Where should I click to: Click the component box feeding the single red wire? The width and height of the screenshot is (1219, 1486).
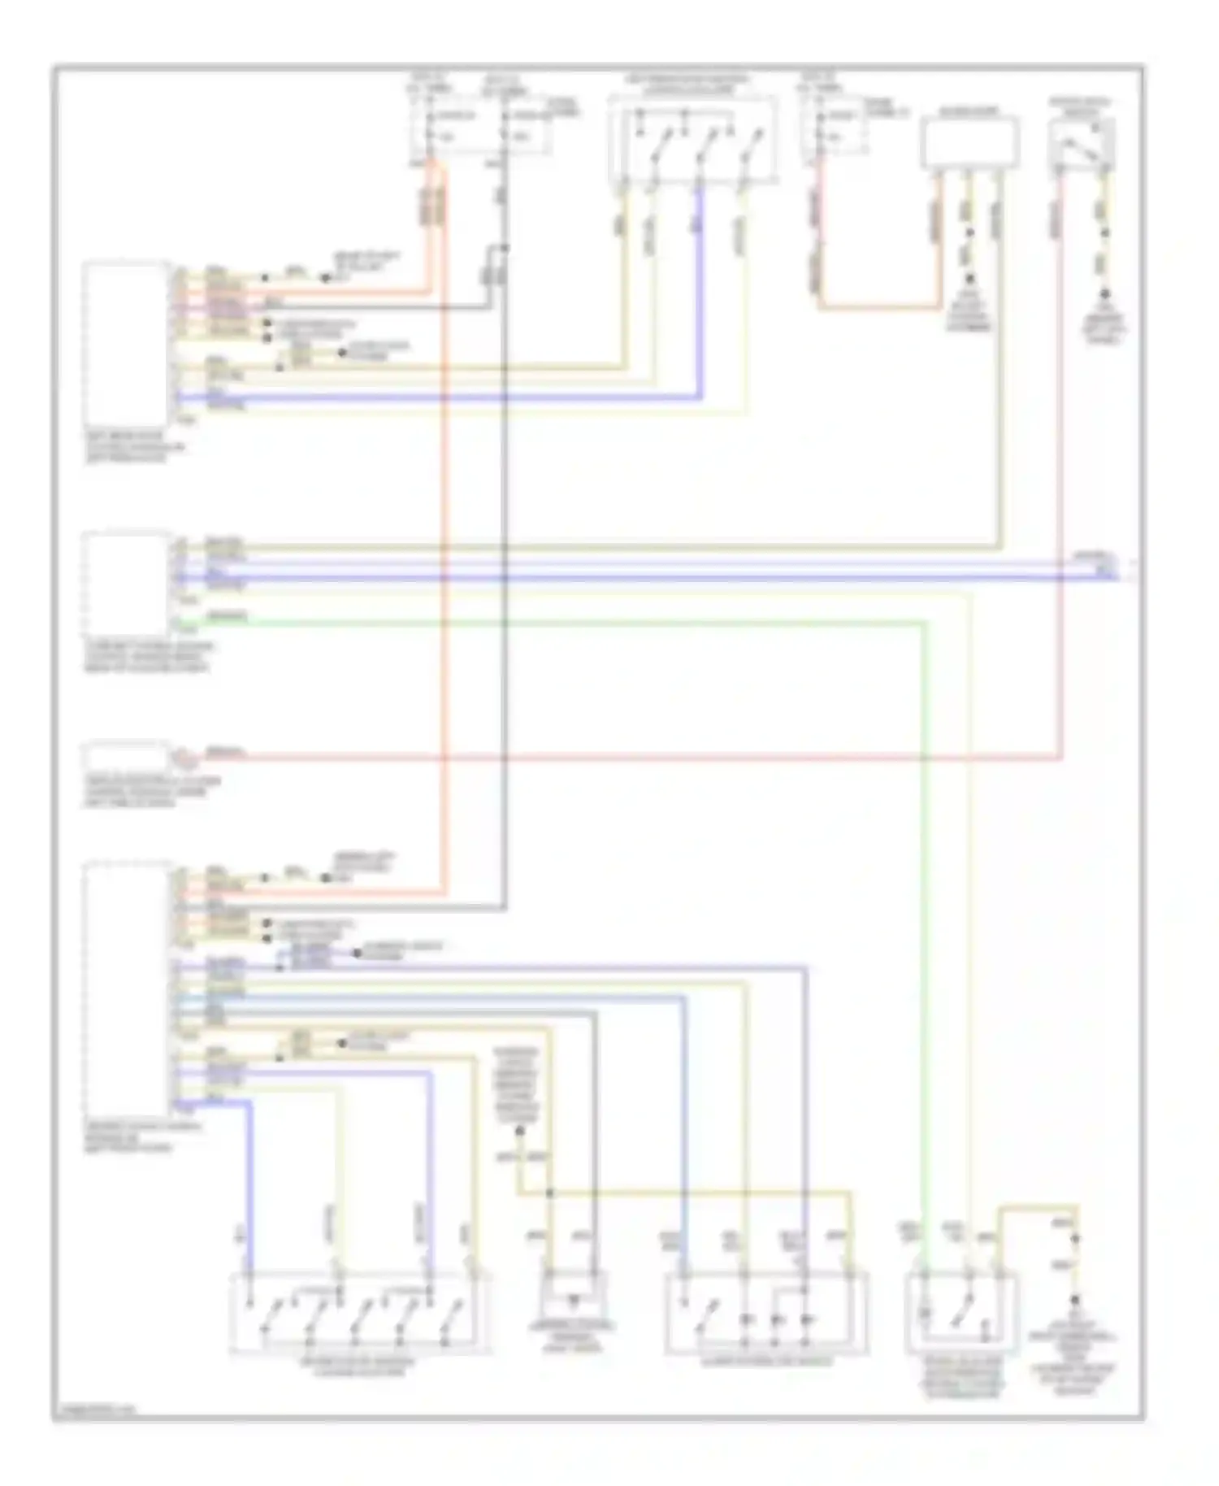pos(126,756)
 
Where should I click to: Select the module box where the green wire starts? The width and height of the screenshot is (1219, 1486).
pos(126,584)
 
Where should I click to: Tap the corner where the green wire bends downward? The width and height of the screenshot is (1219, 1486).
pos(925,624)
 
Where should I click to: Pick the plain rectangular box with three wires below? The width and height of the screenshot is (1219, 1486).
pos(970,143)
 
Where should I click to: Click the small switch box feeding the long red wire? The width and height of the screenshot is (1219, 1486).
pos(1082,144)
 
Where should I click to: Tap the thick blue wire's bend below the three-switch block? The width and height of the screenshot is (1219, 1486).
pos(700,398)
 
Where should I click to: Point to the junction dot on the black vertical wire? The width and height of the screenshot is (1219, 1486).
pos(505,248)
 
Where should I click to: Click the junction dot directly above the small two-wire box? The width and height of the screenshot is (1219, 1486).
pos(550,1193)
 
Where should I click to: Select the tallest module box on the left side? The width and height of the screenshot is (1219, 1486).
pos(128,988)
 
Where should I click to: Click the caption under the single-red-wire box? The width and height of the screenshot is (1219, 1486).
pos(150,793)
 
